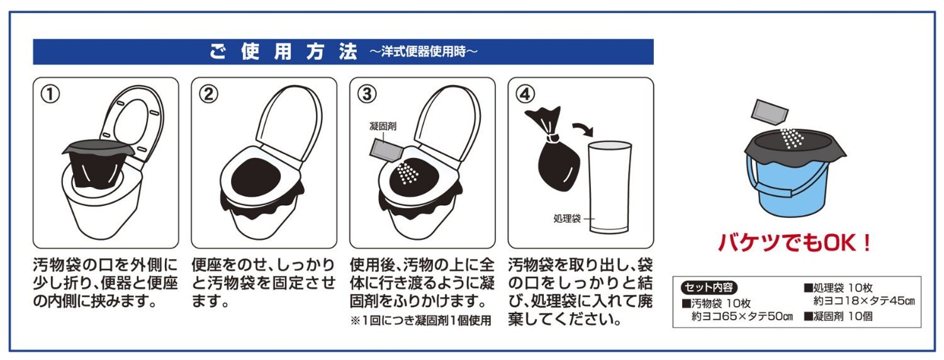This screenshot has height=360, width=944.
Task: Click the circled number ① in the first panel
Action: click(x=50, y=94)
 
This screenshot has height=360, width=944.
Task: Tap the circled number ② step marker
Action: click(x=208, y=94)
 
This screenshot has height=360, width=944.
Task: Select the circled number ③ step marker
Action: click(x=367, y=94)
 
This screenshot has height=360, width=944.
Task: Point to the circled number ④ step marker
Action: click(x=525, y=94)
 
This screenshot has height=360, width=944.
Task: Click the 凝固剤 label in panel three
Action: click(x=383, y=126)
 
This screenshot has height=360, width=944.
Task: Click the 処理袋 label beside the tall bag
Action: click(x=567, y=218)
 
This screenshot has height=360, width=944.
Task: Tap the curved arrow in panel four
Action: click(x=583, y=128)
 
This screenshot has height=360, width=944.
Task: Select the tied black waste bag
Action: click(x=551, y=147)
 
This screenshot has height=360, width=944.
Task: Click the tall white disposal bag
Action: click(x=609, y=187)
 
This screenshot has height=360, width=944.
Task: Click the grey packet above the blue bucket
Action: click(x=770, y=111)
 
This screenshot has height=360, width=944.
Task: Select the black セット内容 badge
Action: click(x=709, y=288)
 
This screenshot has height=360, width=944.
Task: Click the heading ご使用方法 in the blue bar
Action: click(x=283, y=52)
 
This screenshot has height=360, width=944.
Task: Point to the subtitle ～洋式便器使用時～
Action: click(x=423, y=52)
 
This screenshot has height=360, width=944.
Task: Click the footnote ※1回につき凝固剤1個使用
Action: click(x=420, y=321)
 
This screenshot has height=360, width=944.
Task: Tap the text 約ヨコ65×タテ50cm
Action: click(x=742, y=316)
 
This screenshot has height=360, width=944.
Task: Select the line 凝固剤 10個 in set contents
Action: click(x=839, y=316)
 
